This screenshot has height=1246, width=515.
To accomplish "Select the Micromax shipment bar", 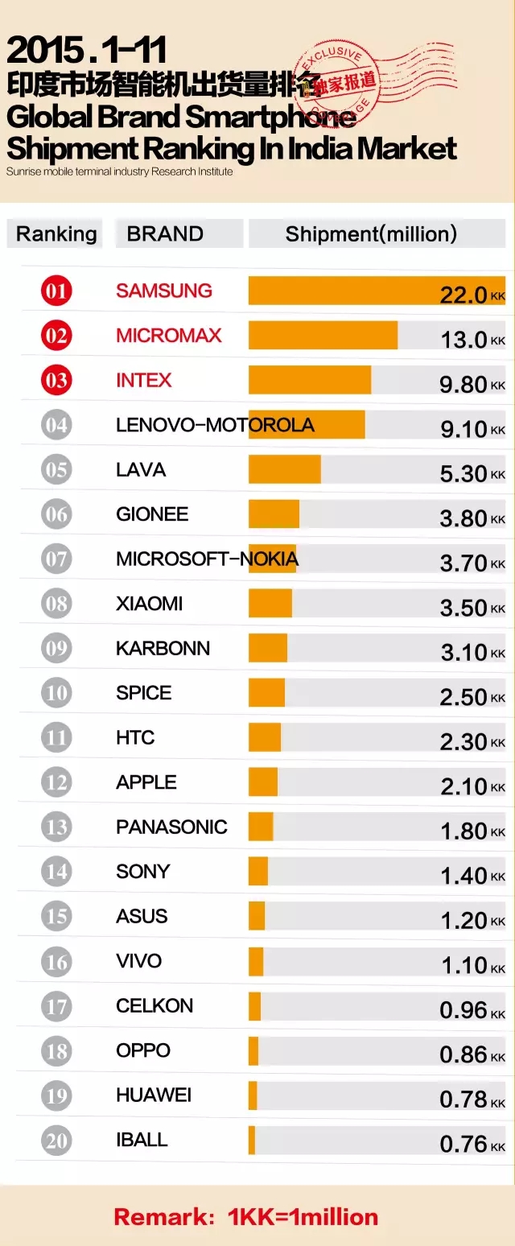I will click(323, 336).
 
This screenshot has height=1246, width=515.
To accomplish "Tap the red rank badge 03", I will click(56, 380).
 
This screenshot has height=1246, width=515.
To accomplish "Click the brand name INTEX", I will click(144, 380).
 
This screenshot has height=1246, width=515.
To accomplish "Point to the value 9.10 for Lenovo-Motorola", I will click(463, 429).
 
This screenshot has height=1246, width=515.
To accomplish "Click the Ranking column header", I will click(56, 234).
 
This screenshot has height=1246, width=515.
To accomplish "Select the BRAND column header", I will click(165, 234).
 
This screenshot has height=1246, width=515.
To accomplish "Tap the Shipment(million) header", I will click(371, 234).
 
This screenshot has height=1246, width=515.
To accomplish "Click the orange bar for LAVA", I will click(285, 469).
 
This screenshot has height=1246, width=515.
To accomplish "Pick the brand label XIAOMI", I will click(150, 604).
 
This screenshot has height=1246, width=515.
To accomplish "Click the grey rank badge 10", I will click(56, 693).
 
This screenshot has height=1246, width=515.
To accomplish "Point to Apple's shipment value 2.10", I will click(463, 786).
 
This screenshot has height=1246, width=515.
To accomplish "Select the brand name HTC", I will click(135, 737).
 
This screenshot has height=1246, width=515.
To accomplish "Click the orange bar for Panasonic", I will click(261, 827).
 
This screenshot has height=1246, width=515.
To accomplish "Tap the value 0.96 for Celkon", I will click(463, 1010).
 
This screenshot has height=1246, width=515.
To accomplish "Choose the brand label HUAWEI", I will click(154, 1095).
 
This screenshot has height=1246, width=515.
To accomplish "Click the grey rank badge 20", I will click(56, 1140).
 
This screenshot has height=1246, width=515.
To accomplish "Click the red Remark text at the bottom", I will click(245, 1216).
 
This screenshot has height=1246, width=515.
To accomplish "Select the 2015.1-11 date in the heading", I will click(87, 52).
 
